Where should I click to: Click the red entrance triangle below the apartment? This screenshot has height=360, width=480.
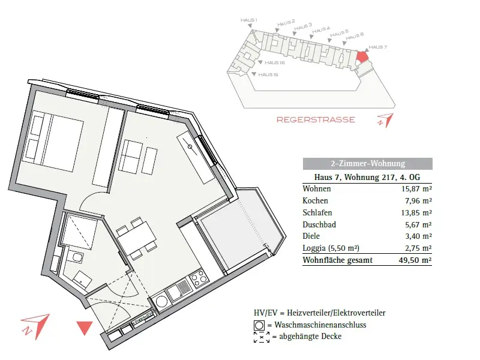tap(85, 328)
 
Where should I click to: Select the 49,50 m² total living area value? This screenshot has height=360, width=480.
tap(415, 260)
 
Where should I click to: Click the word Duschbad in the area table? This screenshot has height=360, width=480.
tap(319, 224)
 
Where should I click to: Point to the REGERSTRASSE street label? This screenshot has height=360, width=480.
tap(316, 119)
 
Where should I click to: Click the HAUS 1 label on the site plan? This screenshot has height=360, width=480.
tap(249, 20)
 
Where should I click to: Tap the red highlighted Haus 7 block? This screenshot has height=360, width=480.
tap(362, 56)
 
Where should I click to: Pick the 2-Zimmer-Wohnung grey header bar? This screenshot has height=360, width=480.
tap(368, 163)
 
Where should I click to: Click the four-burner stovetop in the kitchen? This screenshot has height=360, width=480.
tap(199, 278)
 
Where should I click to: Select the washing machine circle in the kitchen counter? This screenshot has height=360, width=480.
tap(161, 302)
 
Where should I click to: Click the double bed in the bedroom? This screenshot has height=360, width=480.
tap(53, 141)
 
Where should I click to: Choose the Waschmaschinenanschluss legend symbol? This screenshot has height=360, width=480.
tap(259, 325)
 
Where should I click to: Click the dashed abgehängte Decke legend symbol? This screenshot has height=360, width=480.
tap(262, 337)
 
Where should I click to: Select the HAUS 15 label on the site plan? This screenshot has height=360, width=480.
tap(268, 74)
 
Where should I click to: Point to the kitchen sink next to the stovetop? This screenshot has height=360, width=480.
tap(178, 290)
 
